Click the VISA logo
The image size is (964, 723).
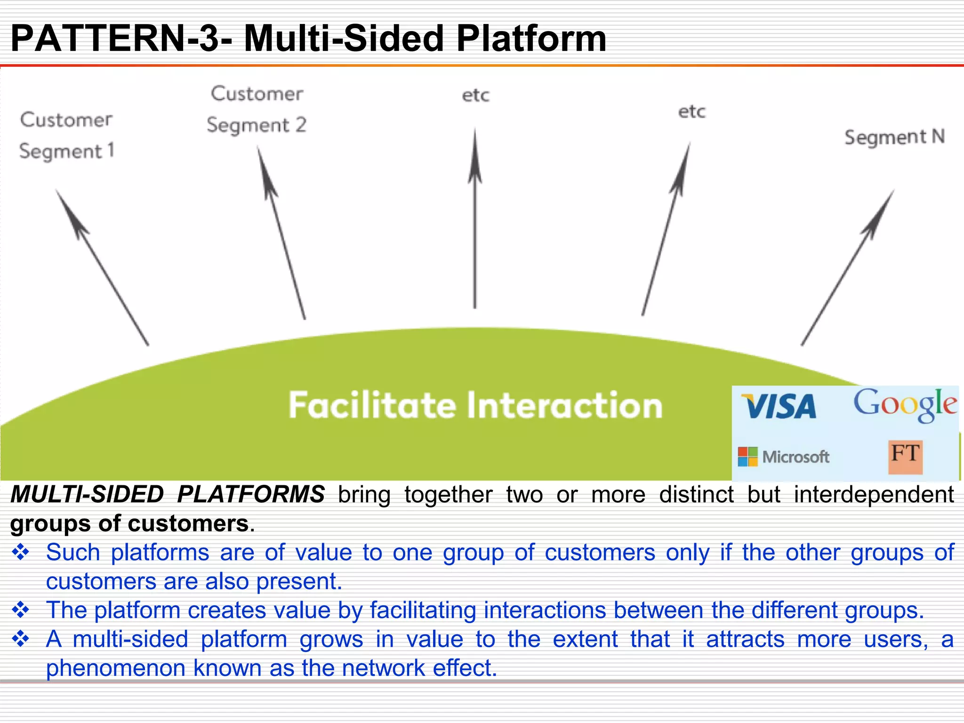pyautogui.click(x=779, y=407)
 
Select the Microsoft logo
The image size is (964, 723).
pyautogui.click(x=784, y=457)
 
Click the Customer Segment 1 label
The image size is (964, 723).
pyautogui.click(x=66, y=136)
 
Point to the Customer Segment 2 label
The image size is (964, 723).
pyautogui.click(x=257, y=109)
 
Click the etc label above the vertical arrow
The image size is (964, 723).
pyautogui.click(x=475, y=96)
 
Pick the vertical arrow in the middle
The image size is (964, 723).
pyautogui.click(x=475, y=221)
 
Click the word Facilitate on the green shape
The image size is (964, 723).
pyautogui.click(x=372, y=405)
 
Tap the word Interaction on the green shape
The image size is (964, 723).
pyautogui.click(x=565, y=405)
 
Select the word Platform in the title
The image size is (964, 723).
pyautogui.click(x=531, y=39)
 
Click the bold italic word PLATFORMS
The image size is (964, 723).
pyautogui.click(x=251, y=495)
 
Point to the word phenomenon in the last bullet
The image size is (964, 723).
pyautogui.click(x=115, y=668)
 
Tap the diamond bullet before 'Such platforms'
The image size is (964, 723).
pyautogui.click(x=21, y=553)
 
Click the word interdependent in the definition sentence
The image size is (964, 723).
pyautogui.click(x=874, y=495)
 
